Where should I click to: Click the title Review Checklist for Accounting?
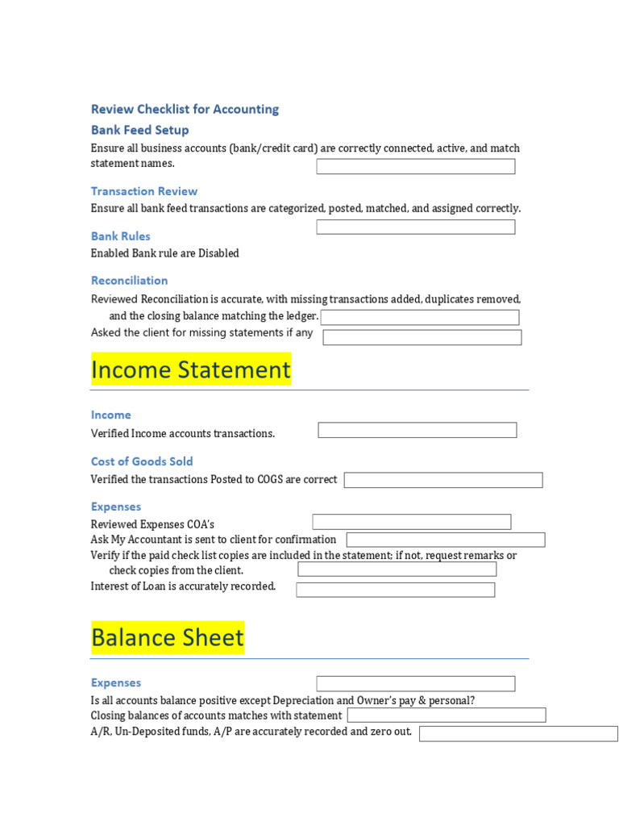tap(185, 109)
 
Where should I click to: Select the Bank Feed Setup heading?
tap(139, 130)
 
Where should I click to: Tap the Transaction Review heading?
tap(143, 191)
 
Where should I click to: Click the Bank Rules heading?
tap(120, 236)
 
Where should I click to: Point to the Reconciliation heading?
tap(129, 281)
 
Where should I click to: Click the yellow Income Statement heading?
tap(191, 369)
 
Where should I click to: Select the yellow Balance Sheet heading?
tap(168, 637)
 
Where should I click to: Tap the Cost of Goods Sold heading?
tap(142, 461)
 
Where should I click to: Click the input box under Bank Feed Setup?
tap(415, 166)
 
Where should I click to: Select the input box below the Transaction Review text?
tap(415, 227)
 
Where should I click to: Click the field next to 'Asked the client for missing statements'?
tap(422, 337)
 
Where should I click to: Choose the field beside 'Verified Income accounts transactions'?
tap(418, 430)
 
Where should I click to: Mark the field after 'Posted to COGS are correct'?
tap(443, 480)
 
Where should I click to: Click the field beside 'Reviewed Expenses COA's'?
tap(412, 522)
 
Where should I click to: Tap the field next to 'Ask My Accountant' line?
tap(446, 540)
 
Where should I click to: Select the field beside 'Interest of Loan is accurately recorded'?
tap(396, 590)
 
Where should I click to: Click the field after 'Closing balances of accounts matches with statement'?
tap(447, 715)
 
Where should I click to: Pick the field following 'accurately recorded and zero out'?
tap(518, 733)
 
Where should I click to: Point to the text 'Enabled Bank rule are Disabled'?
tap(165, 253)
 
